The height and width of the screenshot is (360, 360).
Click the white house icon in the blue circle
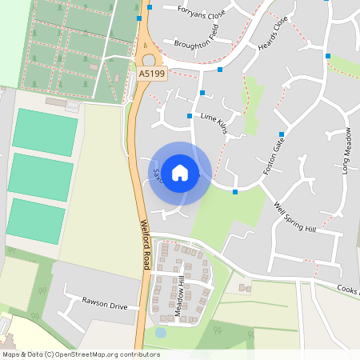(x=180, y=172)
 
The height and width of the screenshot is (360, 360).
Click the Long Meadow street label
(x=346, y=151)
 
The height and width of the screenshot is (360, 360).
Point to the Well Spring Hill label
(x=295, y=217)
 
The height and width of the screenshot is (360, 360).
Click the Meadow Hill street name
(x=180, y=297)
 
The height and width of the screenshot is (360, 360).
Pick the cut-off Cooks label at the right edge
(x=348, y=290)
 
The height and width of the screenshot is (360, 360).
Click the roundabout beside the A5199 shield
(x=149, y=59)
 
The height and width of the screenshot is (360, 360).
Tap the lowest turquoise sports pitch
(x=37, y=221)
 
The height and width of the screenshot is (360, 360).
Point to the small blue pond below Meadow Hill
(x=160, y=332)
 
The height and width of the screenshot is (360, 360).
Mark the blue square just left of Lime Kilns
(x=189, y=116)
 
